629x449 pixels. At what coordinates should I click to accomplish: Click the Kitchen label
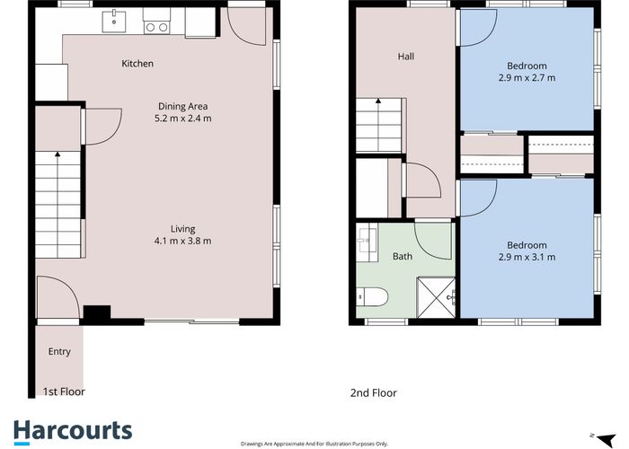[x=137, y=64]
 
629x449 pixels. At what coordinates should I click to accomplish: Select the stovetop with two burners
[x=156, y=27]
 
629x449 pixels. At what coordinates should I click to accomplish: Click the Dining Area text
[x=182, y=105]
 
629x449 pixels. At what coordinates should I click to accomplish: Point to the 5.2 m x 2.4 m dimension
[x=182, y=118]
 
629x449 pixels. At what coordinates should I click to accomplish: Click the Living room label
[x=182, y=228]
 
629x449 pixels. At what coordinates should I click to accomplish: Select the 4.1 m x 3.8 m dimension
[x=182, y=241]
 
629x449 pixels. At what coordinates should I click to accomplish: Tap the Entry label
[x=59, y=351]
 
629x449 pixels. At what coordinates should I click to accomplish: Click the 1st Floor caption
[x=65, y=392]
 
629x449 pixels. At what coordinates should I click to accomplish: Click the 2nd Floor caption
[x=373, y=392]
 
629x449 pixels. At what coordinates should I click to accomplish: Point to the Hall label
[x=406, y=57]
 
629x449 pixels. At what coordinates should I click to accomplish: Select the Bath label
[x=403, y=257]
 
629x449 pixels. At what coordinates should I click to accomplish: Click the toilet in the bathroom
[x=371, y=295]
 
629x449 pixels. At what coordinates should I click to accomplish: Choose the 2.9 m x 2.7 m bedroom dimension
[x=526, y=78]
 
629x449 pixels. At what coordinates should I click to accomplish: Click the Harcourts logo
[x=73, y=430]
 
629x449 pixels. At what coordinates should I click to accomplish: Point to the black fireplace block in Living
[x=95, y=313]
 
